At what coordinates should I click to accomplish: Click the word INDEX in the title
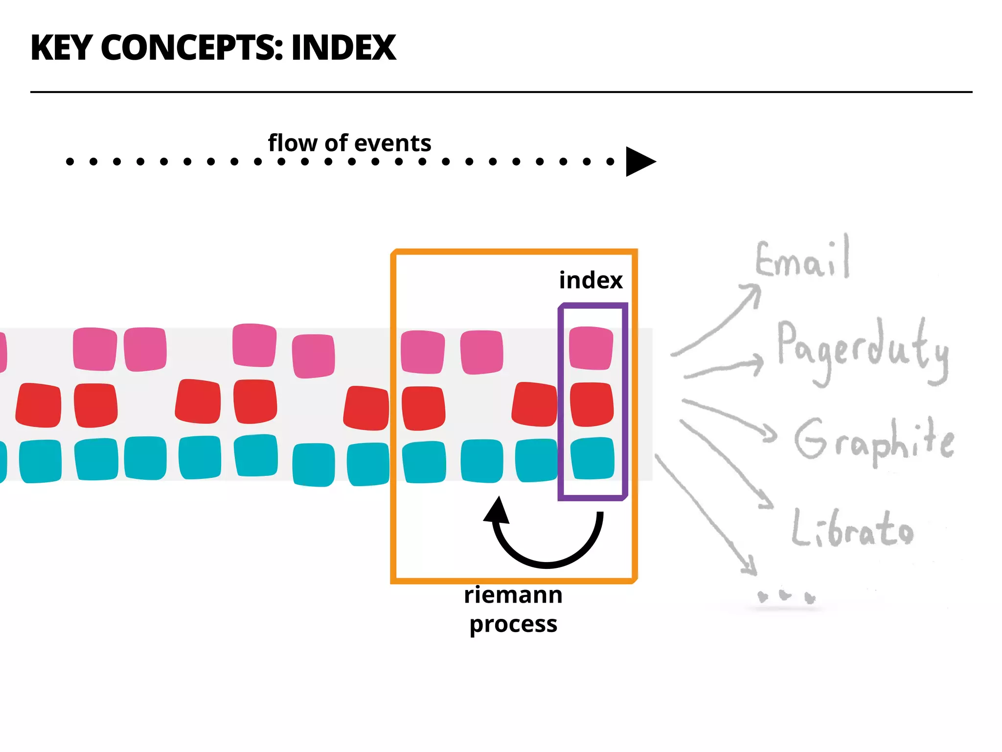coord(343,48)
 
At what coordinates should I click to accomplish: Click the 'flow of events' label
coord(349,143)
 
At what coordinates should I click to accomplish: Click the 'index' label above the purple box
coord(591,280)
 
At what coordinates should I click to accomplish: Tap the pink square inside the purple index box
coord(591,348)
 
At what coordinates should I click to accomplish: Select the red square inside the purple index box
coord(591,404)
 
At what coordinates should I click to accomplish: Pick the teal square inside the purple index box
coord(592,458)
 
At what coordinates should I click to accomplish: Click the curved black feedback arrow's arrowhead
coord(497,511)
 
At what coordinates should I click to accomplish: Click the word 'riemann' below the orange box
coord(513,595)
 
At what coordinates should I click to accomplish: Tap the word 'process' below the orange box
coord(513,624)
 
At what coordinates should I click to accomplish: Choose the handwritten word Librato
coord(852,529)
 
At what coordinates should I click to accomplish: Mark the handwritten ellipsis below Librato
coord(786,596)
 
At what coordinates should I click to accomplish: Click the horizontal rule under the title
coord(501,92)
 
